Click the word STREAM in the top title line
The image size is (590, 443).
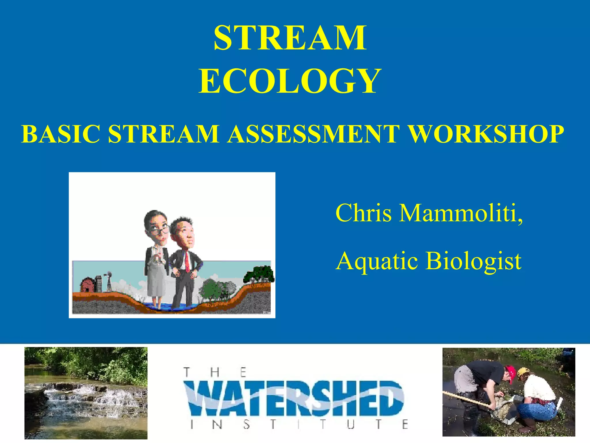[x=290, y=38]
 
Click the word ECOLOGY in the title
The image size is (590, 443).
[x=290, y=81]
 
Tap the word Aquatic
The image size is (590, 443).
[x=377, y=261]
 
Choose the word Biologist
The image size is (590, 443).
[x=474, y=261]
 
